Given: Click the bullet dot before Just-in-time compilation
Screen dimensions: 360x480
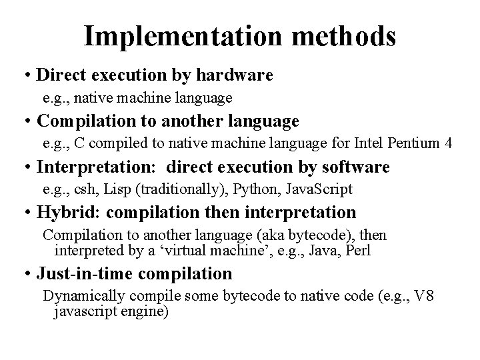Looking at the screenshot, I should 25,274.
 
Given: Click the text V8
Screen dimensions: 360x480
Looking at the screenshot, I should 424,296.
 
